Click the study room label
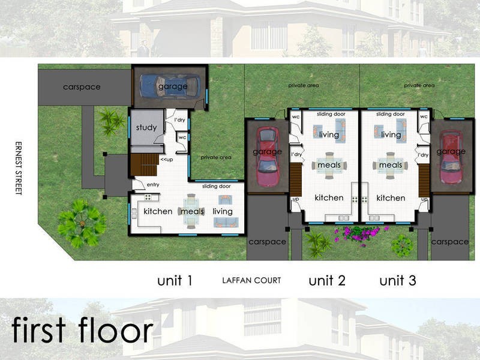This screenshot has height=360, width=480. (x=146, y=127)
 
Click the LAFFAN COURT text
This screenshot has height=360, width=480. (x=251, y=281)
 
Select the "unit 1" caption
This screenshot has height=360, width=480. (x=175, y=280)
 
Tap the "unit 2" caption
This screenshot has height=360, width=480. (x=327, y=280)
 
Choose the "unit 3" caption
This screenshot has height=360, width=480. (x=398, y=280)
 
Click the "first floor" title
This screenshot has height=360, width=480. (x=82, y=331)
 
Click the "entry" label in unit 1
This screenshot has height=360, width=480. (x=153, y=185)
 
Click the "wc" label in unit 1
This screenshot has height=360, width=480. (x=182, y=137)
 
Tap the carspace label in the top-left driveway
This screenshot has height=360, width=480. (x=82, y=87)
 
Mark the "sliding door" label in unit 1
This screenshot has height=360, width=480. (x=216, y=187)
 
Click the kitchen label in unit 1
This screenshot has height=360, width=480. (x=158, y=211)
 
